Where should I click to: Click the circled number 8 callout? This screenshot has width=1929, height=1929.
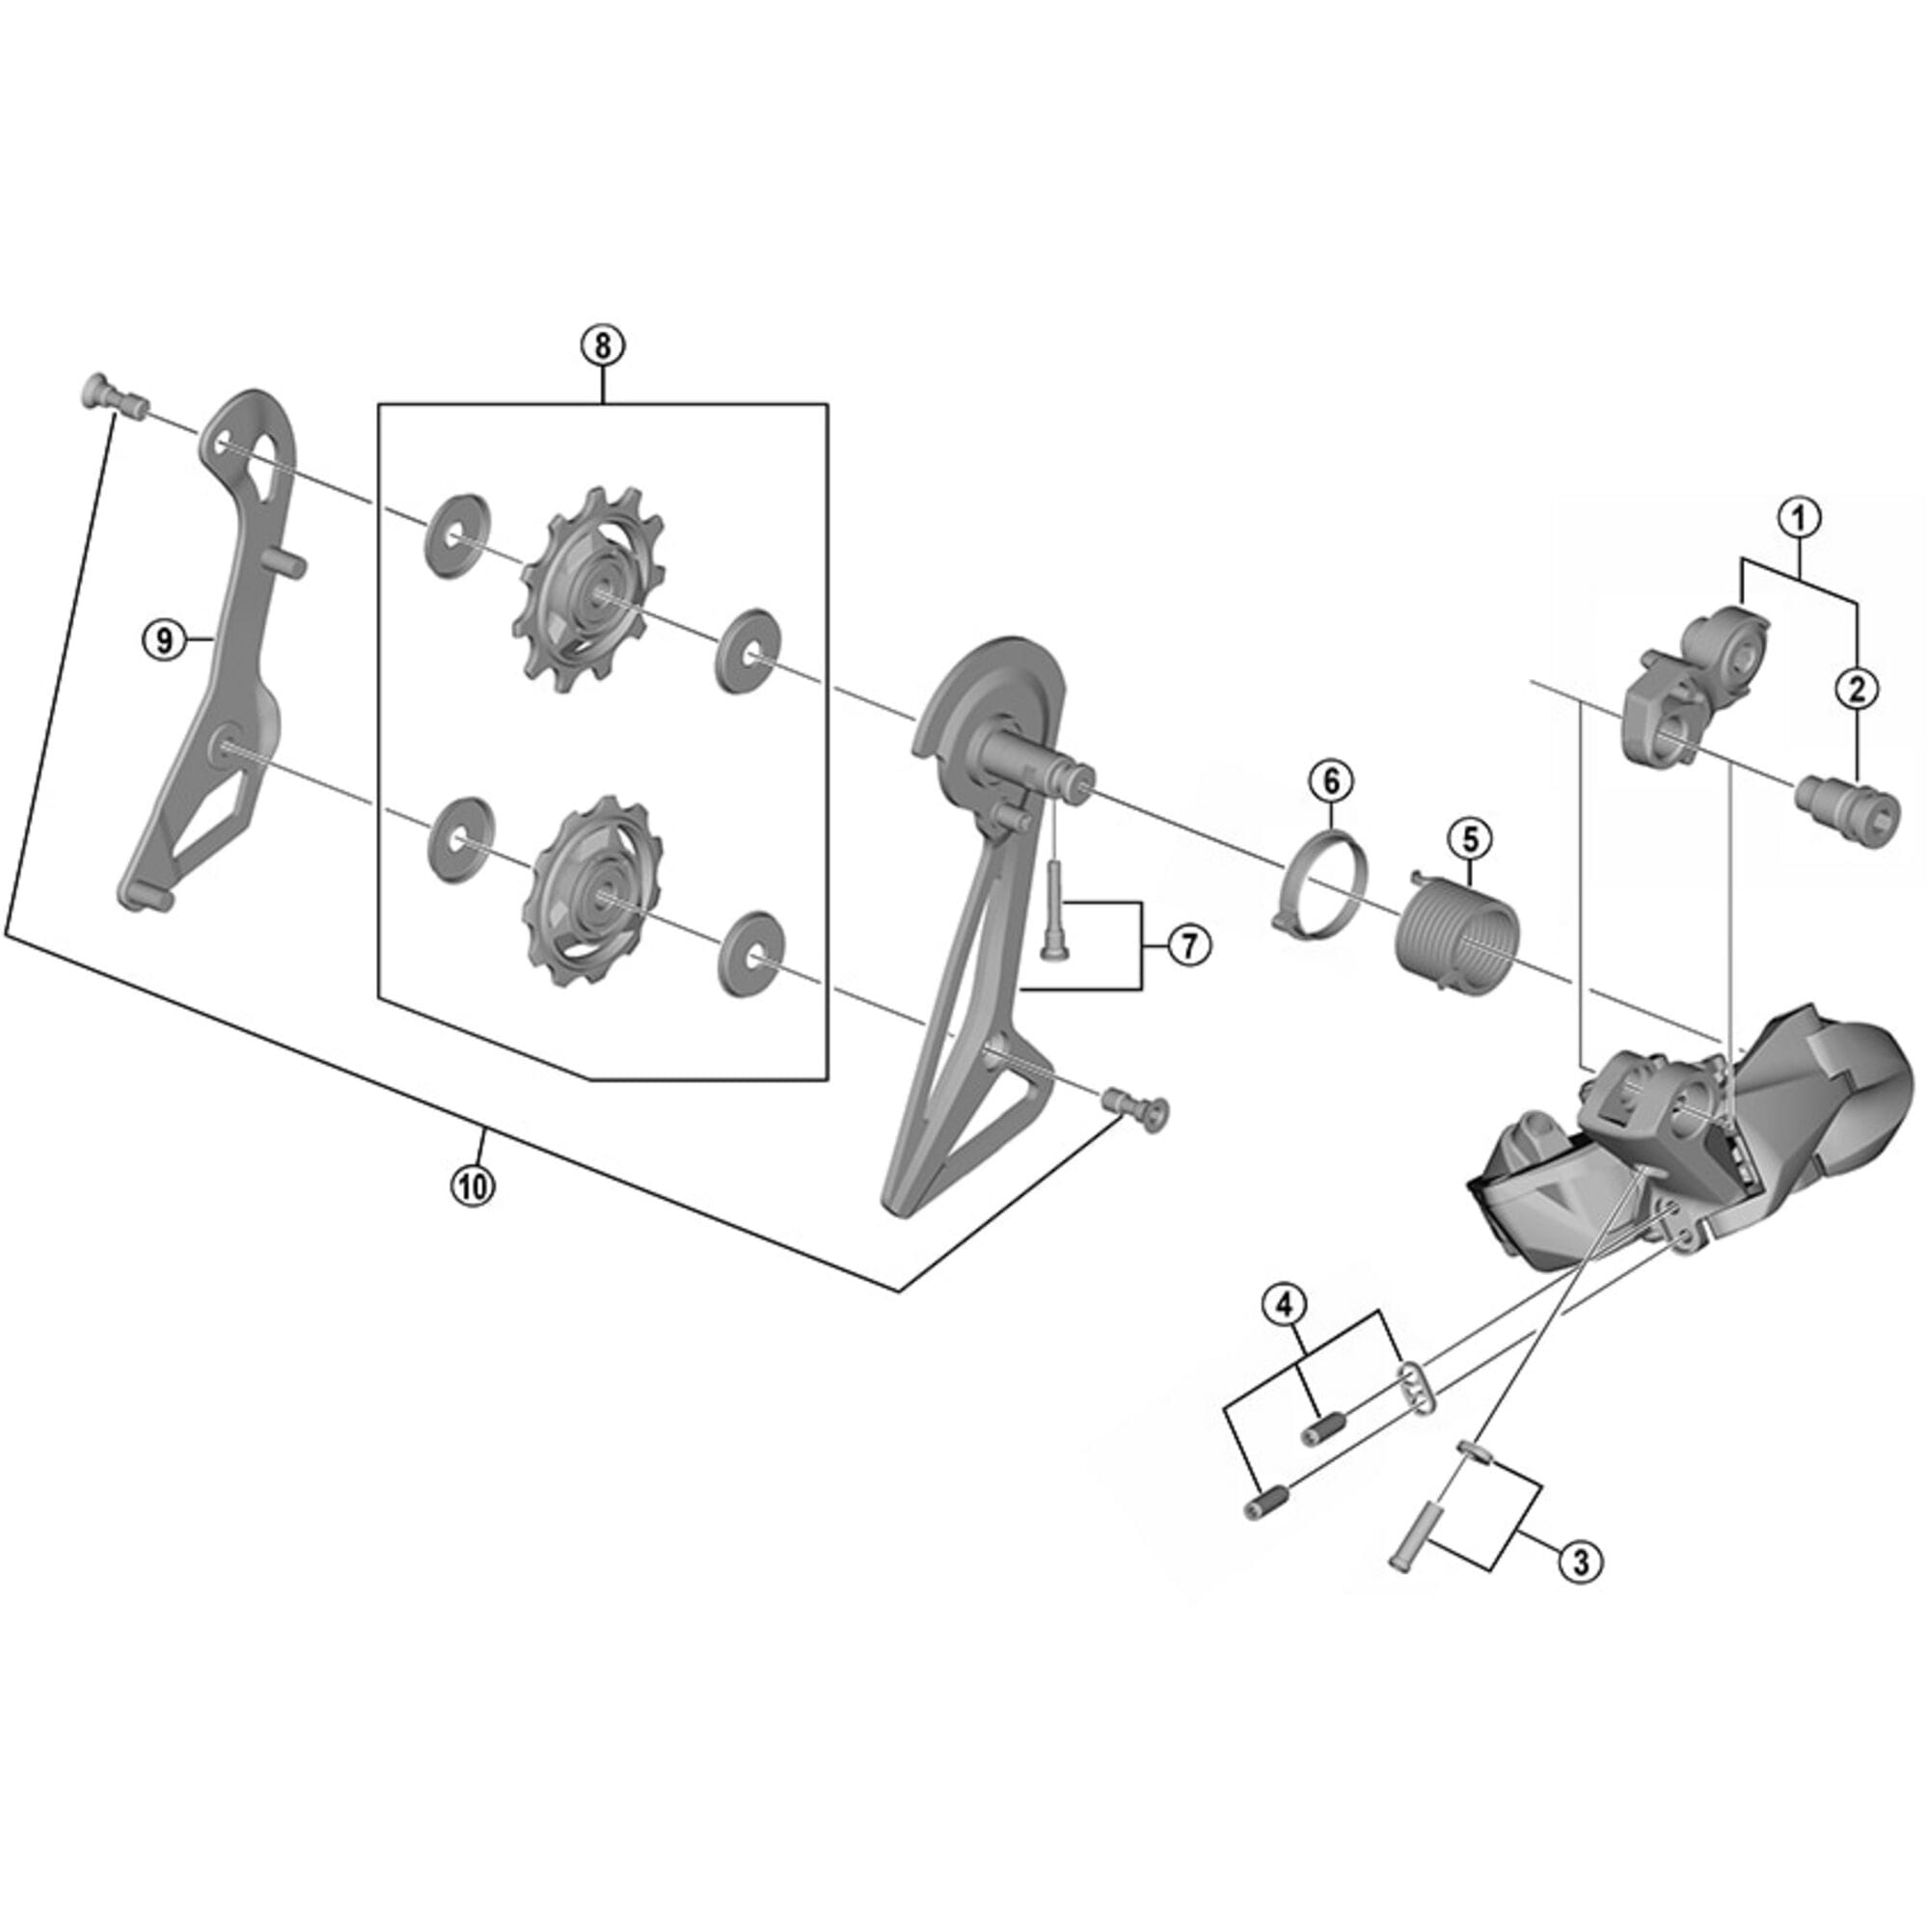tap(602, 345)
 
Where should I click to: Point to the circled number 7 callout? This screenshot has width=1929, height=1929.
tap(1187, 943)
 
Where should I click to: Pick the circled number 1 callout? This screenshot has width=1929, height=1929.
tap(1799, 517)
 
